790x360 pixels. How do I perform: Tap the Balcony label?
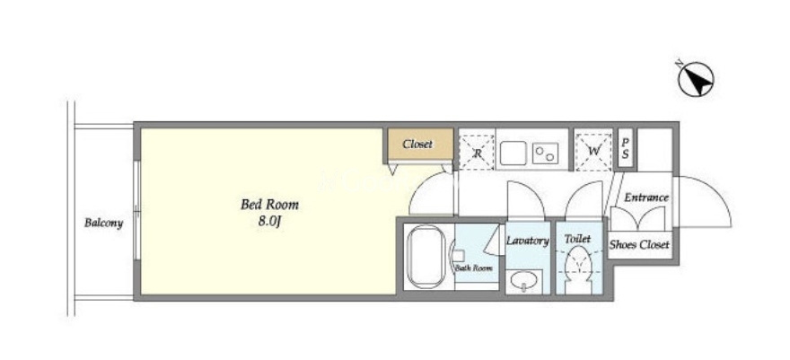click(104, 223)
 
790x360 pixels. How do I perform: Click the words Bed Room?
click(269, 205)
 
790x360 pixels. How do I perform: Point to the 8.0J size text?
click(269, 222)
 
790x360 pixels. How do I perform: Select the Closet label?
click(417, 144)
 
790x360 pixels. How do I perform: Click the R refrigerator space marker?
click(477, 152)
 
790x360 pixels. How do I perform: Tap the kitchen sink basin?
click(513, 153)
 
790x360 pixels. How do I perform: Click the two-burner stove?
click(545, 153)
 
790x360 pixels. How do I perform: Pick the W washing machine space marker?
click(593, 151)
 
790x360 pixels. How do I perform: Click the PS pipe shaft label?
click(625, 149)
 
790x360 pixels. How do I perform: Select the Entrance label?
click(646, 198)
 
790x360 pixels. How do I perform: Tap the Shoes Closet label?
click(639, 245)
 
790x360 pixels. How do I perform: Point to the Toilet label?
click(577, 239)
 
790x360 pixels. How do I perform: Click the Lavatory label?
click(528, 241)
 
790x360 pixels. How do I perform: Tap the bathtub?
click(426, 258)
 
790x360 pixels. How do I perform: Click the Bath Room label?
click(474, 268)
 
